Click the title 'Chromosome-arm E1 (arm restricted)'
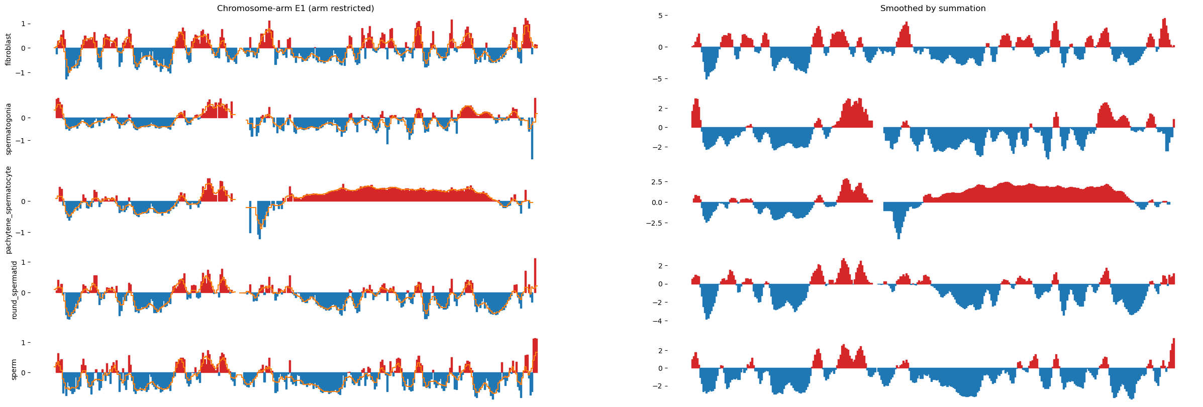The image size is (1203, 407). pos(295,9)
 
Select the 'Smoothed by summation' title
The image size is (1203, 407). pos(933,9)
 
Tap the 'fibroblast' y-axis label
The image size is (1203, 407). pos(9,50)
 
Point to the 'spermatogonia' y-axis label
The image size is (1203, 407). pos(9,129)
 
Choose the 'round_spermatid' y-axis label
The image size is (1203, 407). pos(14,290)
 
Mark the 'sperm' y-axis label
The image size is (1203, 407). pos(14,369)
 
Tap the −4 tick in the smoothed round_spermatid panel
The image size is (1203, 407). pos(678,321)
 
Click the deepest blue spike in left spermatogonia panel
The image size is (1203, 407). pos(532,158)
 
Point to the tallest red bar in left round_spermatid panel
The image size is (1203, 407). pos(535,260)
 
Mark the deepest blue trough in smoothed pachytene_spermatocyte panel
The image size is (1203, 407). pos(898,237)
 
